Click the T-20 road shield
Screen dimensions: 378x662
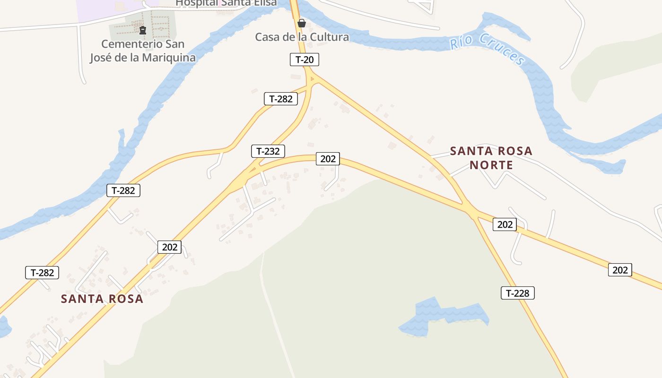[x=305, y=60]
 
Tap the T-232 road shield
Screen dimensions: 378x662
[x=268, y=151]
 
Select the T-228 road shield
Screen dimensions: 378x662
[x=517, y=293]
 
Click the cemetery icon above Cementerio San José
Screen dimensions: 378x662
[x=142, y=31]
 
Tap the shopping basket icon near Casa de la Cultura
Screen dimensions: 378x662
[x=301, y=23]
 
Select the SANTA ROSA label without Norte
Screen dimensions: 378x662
[x=102, y=299]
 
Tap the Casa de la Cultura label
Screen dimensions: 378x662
[x=302, y=37]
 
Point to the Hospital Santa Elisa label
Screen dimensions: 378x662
[x=226, y=3]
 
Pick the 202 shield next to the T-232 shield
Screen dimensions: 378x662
[x=328, y=159]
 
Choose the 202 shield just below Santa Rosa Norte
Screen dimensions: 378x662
[x=505, y=224]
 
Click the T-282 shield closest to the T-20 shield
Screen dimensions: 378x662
[x=281, y=99]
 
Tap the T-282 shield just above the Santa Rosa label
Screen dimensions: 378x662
[x=43, y=273]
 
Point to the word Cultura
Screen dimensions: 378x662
[x=329, y=37]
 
